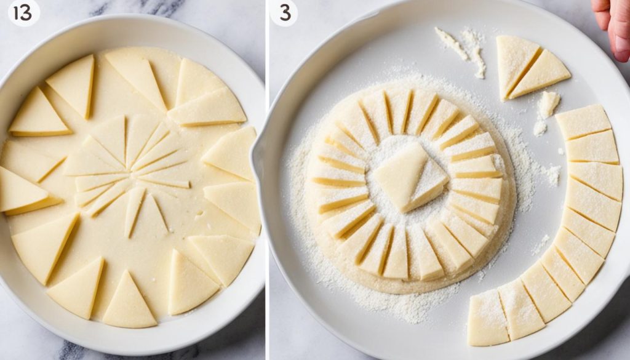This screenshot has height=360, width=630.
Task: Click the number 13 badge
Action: (23, 13)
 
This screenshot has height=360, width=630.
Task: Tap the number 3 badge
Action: (284, 13)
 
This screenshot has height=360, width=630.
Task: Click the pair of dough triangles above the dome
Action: (529, 68)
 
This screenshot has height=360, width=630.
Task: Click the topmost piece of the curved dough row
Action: (583, 121)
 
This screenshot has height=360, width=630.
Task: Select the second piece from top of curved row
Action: (592, 147)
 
